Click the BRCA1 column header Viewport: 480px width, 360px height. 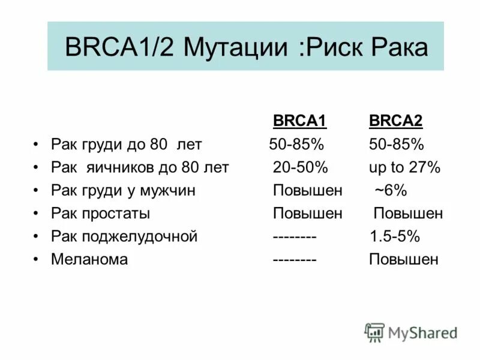click(x=299, y=122)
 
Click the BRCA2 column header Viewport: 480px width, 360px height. click(x=395, y=122)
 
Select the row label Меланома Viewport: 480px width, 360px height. click(x=89, y=259)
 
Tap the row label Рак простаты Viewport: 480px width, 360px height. click(x=100, y=214)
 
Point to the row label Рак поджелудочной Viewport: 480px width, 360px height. click(x=124, y=236)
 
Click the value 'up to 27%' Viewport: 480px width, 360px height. click(x=404, y=167)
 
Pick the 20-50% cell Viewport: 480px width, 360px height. click(x=300, y=167)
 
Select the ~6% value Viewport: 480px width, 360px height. click(x=391, y=191)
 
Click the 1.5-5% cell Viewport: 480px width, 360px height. click(x=394, y=236)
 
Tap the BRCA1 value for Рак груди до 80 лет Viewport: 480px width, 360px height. click(x=296, y=145)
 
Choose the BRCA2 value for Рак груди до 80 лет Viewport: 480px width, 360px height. click(x=396, y=145)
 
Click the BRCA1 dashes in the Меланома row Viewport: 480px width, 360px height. click(x=295, y=259)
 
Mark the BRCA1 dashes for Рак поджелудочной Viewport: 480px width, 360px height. click(x=295, y=236)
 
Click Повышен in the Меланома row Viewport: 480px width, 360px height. click(x=403, y=259)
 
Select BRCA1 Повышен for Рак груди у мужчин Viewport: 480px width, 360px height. click(x=307, y=191)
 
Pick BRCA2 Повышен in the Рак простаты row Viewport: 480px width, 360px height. click(x=408, y=214)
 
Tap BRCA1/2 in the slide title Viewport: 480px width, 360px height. click(x=119, y=47)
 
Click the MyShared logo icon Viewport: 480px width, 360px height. click(x=374, y=332)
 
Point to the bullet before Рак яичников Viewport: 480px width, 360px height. click(x=37, y=168)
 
